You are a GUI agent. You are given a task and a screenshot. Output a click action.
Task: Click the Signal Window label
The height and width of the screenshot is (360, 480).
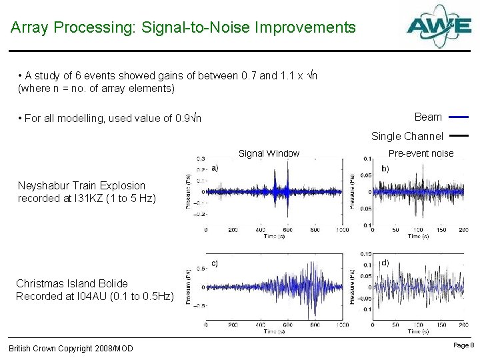pos(269,153)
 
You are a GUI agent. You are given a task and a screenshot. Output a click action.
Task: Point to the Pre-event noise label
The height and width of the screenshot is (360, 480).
pos(421,153)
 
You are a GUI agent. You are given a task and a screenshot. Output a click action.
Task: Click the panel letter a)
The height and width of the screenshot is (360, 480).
pos(214,169)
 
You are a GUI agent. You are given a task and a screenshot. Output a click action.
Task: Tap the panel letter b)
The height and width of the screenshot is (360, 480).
pos(385,169)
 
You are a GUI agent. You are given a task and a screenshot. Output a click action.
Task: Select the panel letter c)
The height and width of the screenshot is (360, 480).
pos(214,263)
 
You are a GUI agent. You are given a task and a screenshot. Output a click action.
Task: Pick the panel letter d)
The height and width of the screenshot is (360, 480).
pos(385,263)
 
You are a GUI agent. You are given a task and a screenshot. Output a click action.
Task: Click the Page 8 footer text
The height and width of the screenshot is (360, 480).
pos(463,345)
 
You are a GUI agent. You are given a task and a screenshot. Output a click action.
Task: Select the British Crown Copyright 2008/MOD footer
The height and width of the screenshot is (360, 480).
pos(71,349)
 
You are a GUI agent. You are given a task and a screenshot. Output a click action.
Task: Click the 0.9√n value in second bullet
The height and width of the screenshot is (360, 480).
pos(187,119)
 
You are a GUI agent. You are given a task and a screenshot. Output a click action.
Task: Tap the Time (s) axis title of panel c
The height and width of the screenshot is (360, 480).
pos(273,331)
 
